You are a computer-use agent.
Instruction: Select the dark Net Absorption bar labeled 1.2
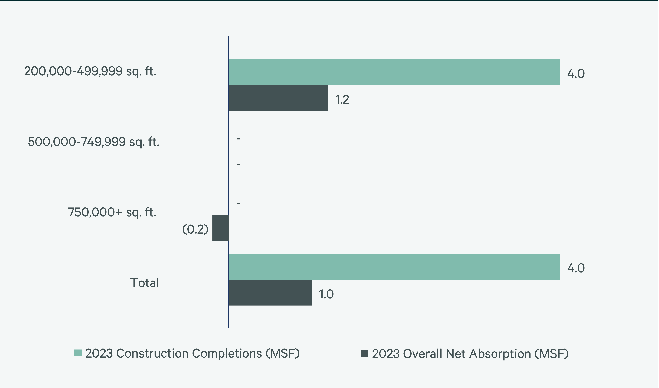(x=279, y=98)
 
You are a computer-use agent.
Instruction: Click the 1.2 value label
(x=342, y=100)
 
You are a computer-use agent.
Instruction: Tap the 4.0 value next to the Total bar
(x=576, y=268)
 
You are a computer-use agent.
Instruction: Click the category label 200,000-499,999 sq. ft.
(x=90, y=71)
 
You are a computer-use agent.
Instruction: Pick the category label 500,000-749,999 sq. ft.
(x=93, y=142)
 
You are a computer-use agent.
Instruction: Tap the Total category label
(x=145, y=283)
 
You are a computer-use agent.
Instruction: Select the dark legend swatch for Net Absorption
(x=365, y=353)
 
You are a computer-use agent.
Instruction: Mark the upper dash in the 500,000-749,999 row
(x=238, y=139)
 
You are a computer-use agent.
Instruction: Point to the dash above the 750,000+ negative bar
(x=238, y=203)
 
